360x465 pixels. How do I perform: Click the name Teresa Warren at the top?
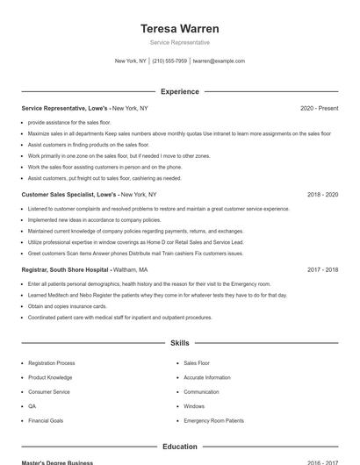[x=179, y=28]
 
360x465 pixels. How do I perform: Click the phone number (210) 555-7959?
[x=169, y=61]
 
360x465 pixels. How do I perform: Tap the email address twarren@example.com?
[x=219, y=61]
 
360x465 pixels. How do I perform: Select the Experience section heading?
[x=179, y=91]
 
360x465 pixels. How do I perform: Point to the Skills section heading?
[x=179, y=343]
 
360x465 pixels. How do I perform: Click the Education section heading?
[x=179, y=447]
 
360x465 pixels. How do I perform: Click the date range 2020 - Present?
[x=319, y=108]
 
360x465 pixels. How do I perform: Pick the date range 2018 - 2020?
[x=322, y=194]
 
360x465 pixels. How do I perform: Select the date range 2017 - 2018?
[x=322, y=269]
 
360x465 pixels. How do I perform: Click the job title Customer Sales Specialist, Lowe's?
[x=68, y=194]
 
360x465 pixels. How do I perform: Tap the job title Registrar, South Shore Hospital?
[x=65, y=269]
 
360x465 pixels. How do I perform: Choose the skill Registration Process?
[x=51, y=363]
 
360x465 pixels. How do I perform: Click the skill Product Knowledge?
[x=49, y=377]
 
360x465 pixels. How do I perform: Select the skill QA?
[x=32, y=406]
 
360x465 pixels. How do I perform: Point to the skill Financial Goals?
[x=46, y=421]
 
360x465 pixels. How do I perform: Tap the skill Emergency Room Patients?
[x=213, y=421]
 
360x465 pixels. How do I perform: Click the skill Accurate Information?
[x=207, y=377]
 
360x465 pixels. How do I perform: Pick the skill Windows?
[x=194, y=406]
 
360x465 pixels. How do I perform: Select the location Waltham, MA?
[x=130, y=269]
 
